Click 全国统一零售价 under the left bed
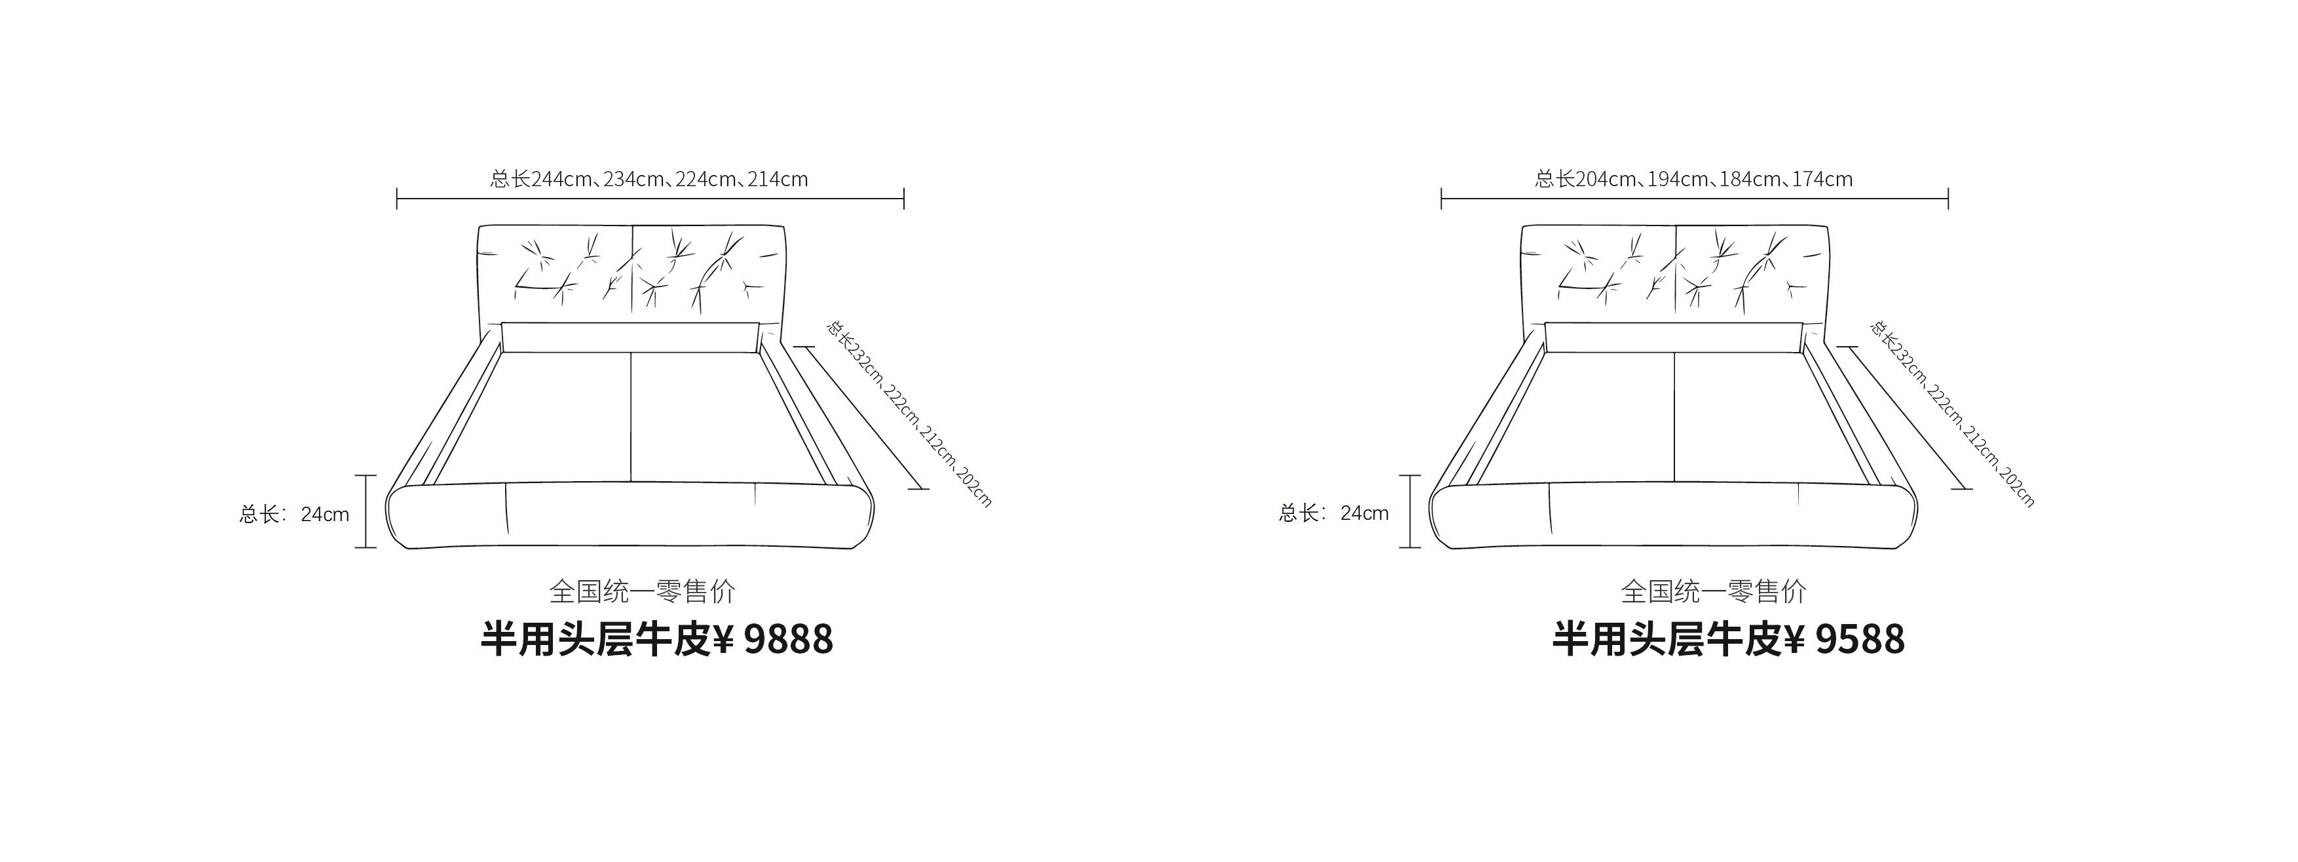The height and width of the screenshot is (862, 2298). pos(642,591)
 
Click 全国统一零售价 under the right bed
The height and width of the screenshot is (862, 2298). pos(1714,591)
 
